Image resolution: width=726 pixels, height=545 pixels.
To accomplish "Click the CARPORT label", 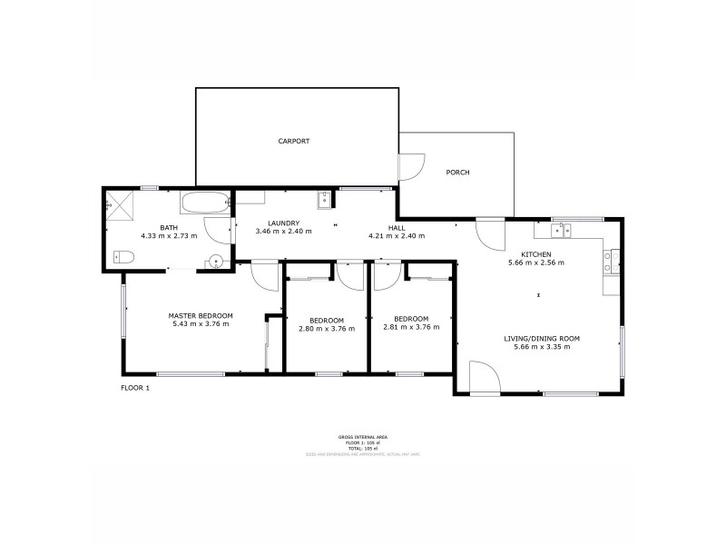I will point(294,141).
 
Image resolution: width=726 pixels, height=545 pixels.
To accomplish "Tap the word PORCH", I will point(457,173).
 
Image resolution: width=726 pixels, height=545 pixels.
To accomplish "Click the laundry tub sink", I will point(324,200).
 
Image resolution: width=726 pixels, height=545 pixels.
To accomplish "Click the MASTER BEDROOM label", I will point(201,315).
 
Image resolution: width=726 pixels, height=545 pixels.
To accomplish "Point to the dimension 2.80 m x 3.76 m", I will point(326,328).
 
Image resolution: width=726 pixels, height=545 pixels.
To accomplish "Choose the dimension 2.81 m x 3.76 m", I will point(411,328).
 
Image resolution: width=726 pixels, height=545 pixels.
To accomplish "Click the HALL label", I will point(397,227).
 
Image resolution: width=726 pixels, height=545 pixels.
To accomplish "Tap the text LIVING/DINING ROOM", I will point(542,338).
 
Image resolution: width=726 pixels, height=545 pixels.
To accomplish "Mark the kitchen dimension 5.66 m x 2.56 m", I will point(535,263).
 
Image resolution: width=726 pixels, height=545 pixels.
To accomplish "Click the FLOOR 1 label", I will point(135,388).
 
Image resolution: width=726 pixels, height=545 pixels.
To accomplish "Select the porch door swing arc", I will point(410,167).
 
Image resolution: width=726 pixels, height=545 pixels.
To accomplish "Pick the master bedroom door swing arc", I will point(264,275).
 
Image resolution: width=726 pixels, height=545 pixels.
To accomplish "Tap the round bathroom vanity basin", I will point(216,263).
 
